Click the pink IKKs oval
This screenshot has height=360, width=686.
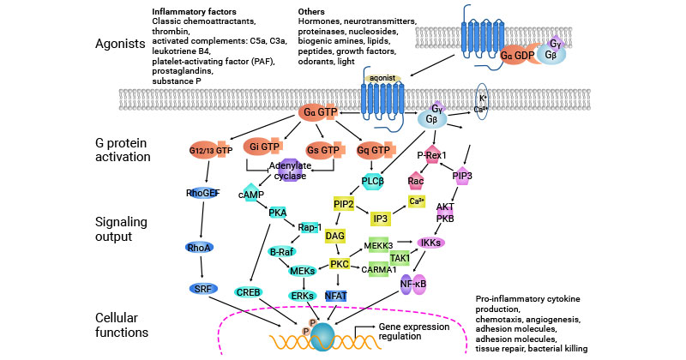[x=432, y=243]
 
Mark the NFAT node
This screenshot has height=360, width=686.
[x=335, y=295]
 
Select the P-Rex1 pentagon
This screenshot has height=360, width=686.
[x=431, y=155]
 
